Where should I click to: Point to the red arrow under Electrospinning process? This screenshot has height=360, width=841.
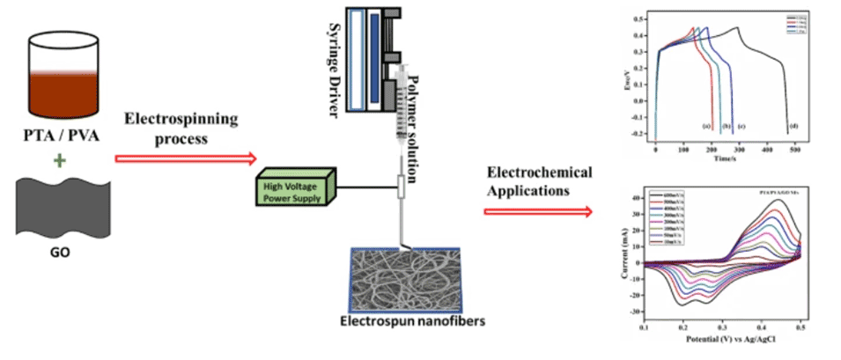click(185, 159)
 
